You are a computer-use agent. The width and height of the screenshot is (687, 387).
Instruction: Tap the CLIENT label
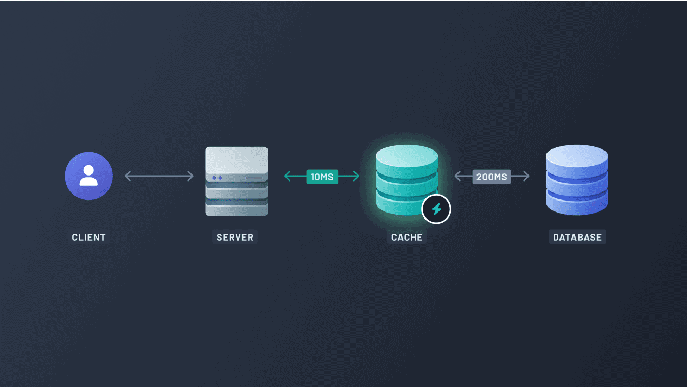88,237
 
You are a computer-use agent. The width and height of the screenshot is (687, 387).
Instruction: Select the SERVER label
235,237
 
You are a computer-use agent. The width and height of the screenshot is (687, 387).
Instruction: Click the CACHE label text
406,237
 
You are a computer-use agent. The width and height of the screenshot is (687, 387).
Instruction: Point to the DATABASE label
577,237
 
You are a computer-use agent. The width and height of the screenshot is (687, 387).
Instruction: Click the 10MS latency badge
322,177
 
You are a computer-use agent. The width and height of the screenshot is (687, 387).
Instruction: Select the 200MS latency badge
492,177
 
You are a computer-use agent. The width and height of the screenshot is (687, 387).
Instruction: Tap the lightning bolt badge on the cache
436,209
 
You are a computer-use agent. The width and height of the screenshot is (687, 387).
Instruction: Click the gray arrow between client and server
159,176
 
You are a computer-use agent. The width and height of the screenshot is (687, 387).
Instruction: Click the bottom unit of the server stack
237,208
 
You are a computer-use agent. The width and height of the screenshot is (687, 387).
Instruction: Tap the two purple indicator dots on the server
217,178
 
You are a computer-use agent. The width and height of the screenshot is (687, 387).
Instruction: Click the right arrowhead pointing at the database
526,176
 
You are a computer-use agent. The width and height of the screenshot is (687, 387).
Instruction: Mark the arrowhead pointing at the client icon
128,176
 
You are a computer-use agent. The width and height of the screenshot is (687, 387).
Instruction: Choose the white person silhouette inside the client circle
88,175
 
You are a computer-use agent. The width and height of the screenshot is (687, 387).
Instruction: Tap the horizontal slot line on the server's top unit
253,178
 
